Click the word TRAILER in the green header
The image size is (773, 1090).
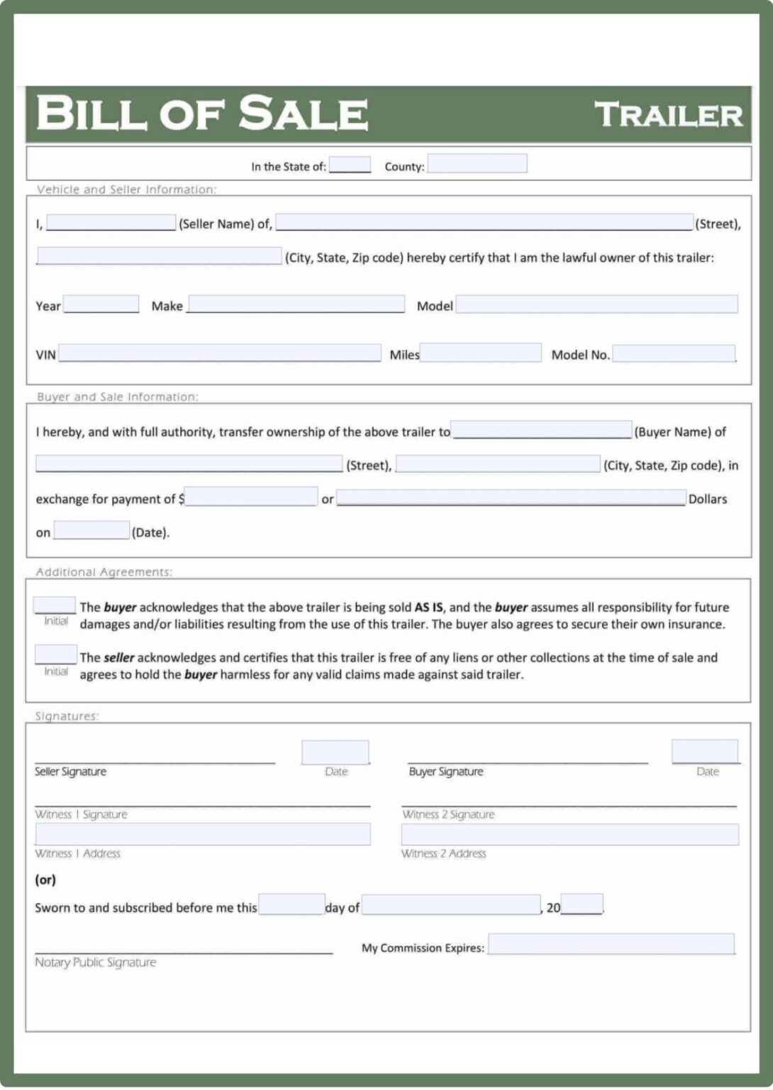pyautogui.click(x=668, y=115)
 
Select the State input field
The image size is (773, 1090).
pyautogui.click(x=350, y=165)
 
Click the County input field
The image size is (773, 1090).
pyautogui.click(x=477, y=164)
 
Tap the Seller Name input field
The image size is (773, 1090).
pyautogui.click(x=111, y=223)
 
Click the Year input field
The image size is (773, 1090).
pyautogui.click(x=101, y=304)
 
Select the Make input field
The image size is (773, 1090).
pyautogui.click(x=296, y=304)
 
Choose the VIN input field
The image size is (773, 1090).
pyautogui.click(x=220, y=353)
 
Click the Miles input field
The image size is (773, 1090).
pyautogui.click(x=481, y=353)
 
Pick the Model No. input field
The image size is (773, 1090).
pyautogui.click(x=674, y=353)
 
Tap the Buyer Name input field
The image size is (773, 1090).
pyautogui.click(x=541, y=430)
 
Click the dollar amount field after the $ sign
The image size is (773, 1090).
pyautogui.click(x=251, y=497)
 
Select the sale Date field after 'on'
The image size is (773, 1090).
pyautogui.click(x=91, y=531)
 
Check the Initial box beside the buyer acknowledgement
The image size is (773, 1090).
pyautogui.click(x=55, y=605)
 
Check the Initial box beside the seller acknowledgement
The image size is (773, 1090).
pyautogui.click(x=55, y=654)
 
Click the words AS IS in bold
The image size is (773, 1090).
pyautogui.click(x=429, y=607)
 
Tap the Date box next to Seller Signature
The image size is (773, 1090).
pyautogui.click(x=335, y=752)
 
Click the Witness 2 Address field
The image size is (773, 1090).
pyautogui.click(x=569, y=835)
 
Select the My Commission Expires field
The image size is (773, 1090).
pyautogui.click(x=611, y=945)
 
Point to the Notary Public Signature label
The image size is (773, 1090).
pyautogui.click(x=96, y=962)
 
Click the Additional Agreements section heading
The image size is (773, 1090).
pyautogui.click(x=104, y=572)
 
